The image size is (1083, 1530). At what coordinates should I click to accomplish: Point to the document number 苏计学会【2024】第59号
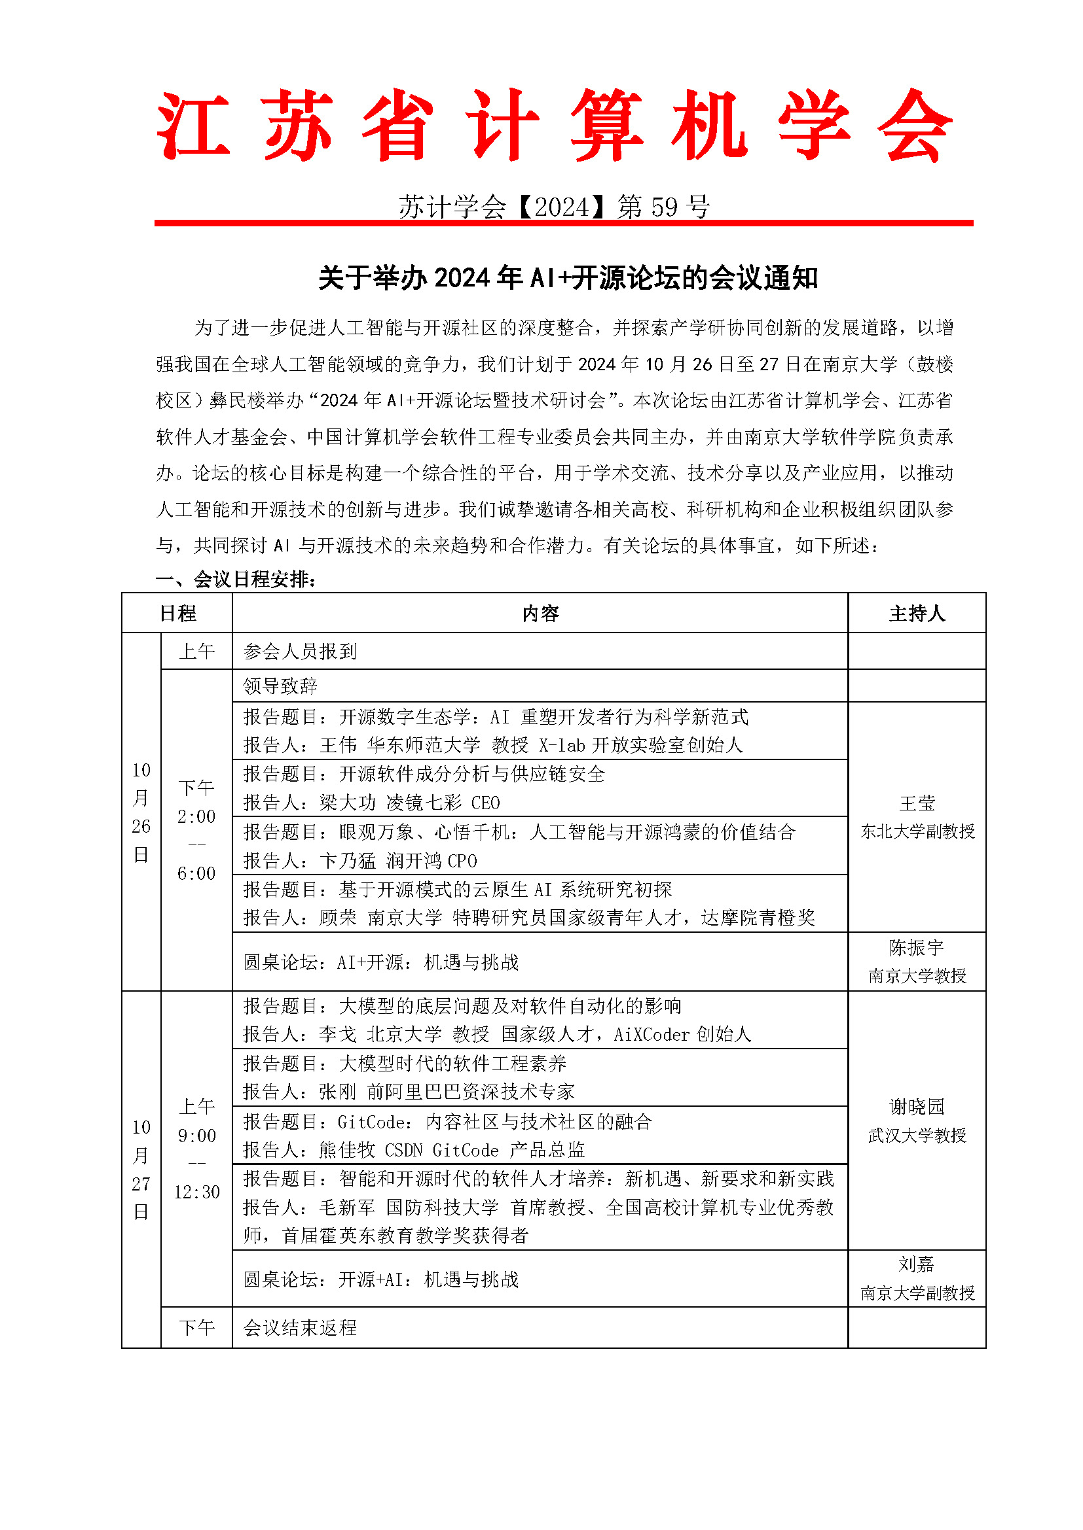tap(553, 207)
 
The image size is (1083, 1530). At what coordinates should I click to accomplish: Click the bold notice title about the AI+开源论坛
tap(568, 278)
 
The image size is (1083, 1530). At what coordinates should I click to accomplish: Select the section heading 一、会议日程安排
tap(236, 579)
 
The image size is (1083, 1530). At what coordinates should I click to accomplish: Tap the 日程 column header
tap(177, 613)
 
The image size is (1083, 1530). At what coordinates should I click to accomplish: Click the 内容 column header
tap(540, 613)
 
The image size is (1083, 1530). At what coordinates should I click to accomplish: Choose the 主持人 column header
tap(917, 613)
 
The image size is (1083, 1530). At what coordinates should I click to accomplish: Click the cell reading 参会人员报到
tap(300, 651)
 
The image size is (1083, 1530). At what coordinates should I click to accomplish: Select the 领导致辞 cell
tap(280, 686)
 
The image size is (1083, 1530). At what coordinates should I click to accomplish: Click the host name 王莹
tap(917, 803)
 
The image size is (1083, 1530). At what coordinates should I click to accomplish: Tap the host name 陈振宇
tap(916, 948)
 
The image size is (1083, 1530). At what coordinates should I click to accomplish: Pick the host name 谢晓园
tap(917, 1107)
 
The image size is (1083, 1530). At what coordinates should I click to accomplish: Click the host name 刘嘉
tap(916, 1264)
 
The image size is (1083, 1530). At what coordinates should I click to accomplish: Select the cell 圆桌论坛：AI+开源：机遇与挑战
tap(381, 962)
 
